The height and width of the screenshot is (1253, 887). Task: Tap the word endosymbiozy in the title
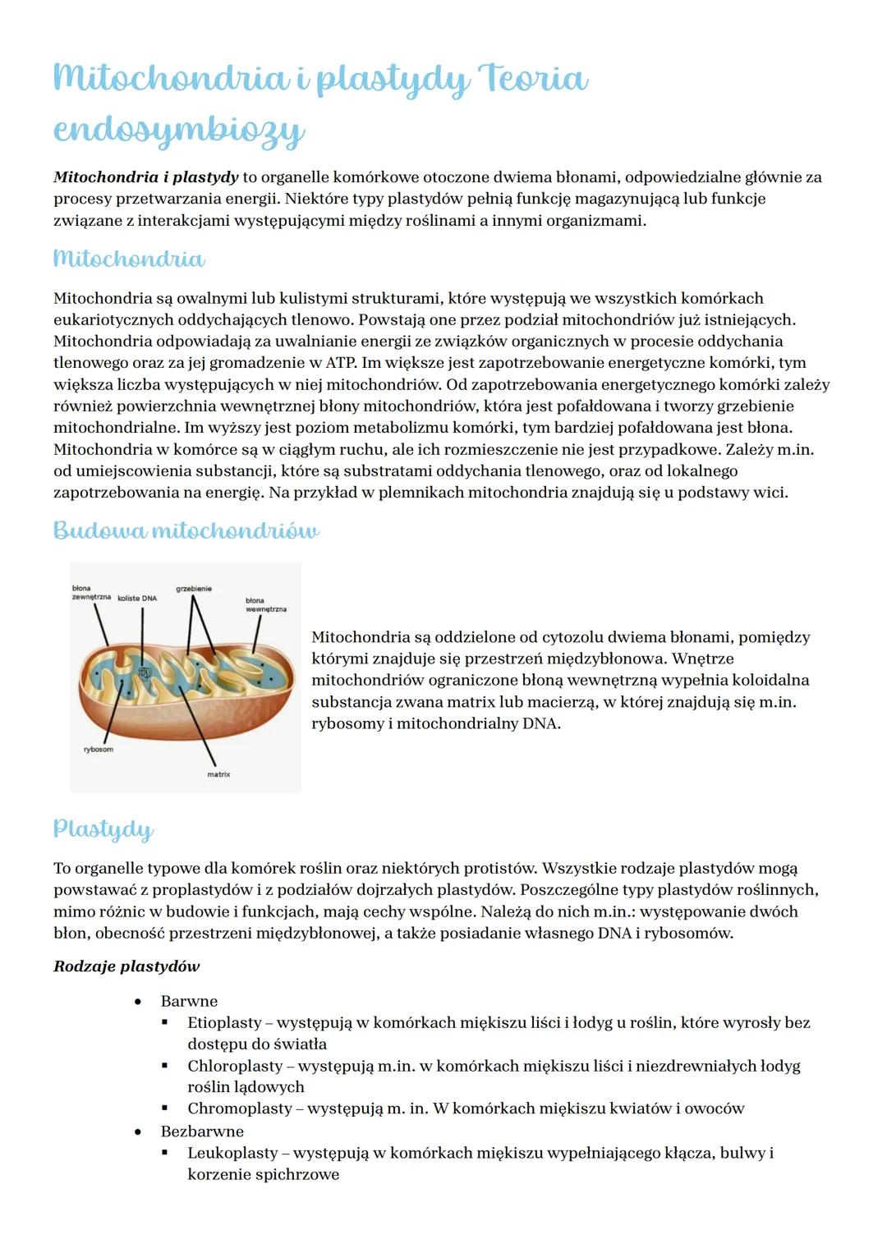click(179, 131)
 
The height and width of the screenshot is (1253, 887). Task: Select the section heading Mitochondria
click(129, 259)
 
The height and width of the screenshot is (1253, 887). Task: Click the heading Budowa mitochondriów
click(186, 530)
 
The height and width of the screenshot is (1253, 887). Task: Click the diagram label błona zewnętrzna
click(90, 593)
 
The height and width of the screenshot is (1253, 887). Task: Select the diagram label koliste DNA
click(137, 599)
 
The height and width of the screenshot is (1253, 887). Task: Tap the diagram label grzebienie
click(194, 589)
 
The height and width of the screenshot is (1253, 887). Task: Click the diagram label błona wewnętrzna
click(265, 605)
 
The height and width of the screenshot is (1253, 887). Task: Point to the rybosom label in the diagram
click(99, 750)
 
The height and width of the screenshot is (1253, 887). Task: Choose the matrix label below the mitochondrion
click(218, 774)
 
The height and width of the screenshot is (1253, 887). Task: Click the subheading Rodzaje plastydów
click(126, 966)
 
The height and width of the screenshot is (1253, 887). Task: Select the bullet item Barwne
click(189, 1001)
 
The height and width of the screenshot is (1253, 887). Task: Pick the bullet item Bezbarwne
click(202, 1131)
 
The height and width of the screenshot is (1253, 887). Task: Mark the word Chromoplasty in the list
click(239, 1108)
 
